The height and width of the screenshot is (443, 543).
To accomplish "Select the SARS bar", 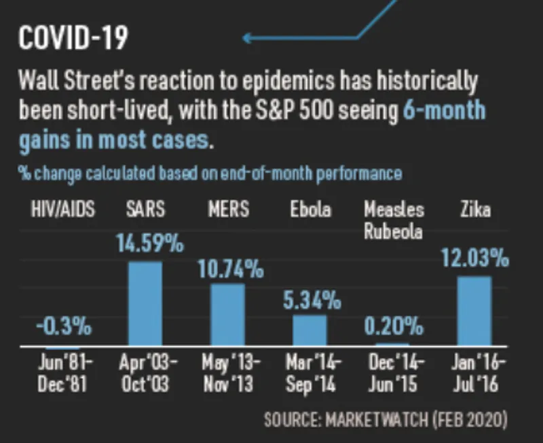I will point(145,303).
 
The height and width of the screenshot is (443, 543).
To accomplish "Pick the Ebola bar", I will point(310,330).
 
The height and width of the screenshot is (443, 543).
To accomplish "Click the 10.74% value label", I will point(231,269).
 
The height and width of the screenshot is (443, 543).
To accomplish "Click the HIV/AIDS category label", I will point(63,209).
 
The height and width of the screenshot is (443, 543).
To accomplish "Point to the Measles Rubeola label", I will point(394,219).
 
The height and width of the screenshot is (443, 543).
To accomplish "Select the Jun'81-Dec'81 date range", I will point(63,373).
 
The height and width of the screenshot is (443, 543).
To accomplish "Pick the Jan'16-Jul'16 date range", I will point(474,373).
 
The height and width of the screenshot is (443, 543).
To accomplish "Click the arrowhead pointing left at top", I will point(248,37).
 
